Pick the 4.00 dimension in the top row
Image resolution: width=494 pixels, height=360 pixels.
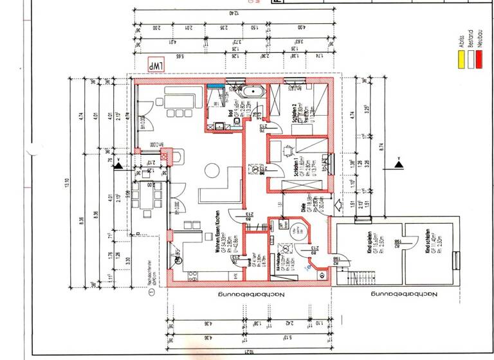(x=302, y=28)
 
